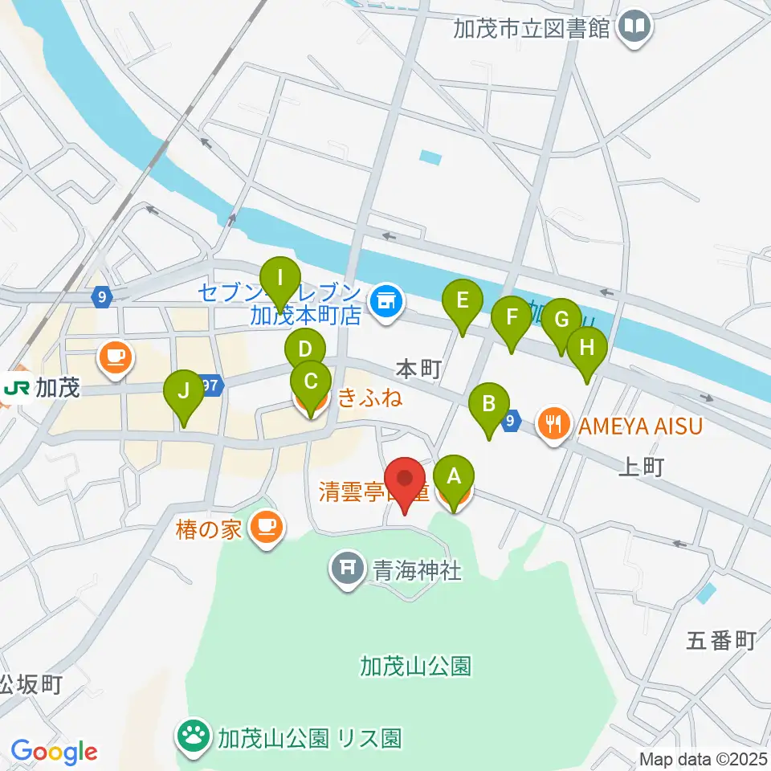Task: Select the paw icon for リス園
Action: coord(194,736)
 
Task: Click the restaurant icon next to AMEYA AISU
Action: coord(553,424)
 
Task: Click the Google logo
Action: coord(55,752)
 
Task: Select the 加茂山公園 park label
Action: coord(415,666)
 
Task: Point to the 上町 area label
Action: coord(641,467)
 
